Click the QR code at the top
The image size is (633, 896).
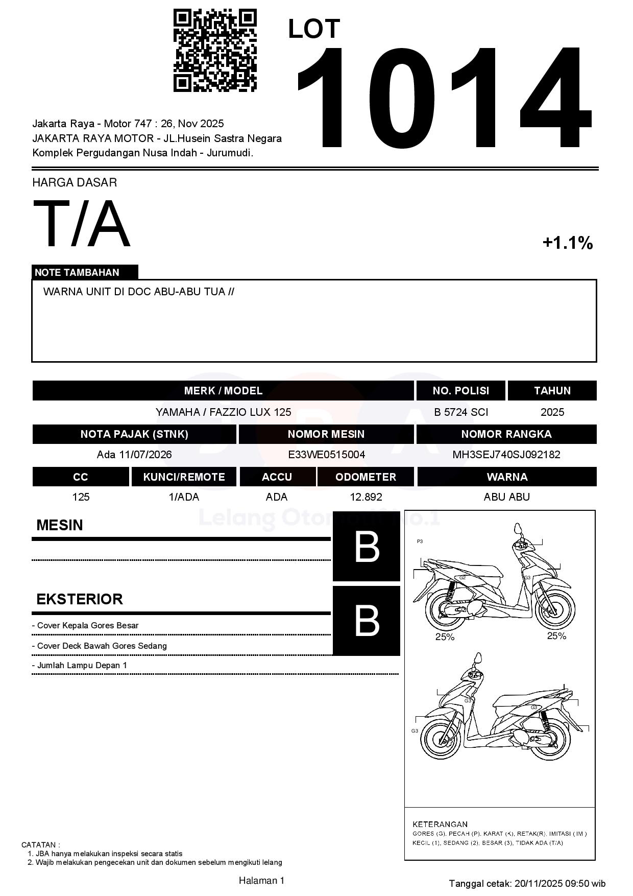[215, 50]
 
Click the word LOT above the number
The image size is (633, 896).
[313, 29]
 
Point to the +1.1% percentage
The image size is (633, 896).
[567, 243]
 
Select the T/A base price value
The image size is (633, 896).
[82, 224]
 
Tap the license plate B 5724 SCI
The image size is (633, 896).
[461, 412]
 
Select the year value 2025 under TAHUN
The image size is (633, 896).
[552, 412]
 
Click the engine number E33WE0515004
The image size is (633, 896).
[326, 455]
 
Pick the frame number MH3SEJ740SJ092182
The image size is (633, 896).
[506, 455]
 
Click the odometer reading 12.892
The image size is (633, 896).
[366, 497]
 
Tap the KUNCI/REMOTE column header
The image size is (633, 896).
[184, 477]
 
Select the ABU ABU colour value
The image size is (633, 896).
[506, 497]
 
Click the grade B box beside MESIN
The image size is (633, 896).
[367, 547]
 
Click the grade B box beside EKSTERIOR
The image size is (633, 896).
[367, 621]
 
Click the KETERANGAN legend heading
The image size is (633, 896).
[440, 824]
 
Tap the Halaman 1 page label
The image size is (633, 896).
[261, 880]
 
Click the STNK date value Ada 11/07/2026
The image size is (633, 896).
[134, 455]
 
